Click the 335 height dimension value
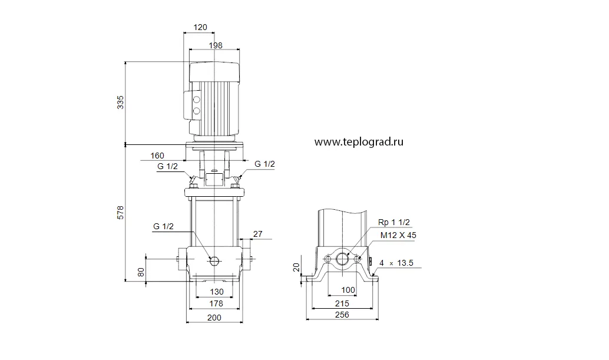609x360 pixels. [121, 102]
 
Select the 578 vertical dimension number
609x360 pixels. [121, 213]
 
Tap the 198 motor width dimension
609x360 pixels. [216, 45]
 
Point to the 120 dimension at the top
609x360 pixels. [200, 27]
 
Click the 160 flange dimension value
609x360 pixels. [157, 156]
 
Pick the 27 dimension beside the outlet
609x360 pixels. [258, 234]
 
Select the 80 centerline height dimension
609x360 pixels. [141, 272]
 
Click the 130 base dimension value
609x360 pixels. [217, 292]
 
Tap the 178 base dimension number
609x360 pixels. [216, 303]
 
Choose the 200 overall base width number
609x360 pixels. [214, 318]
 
